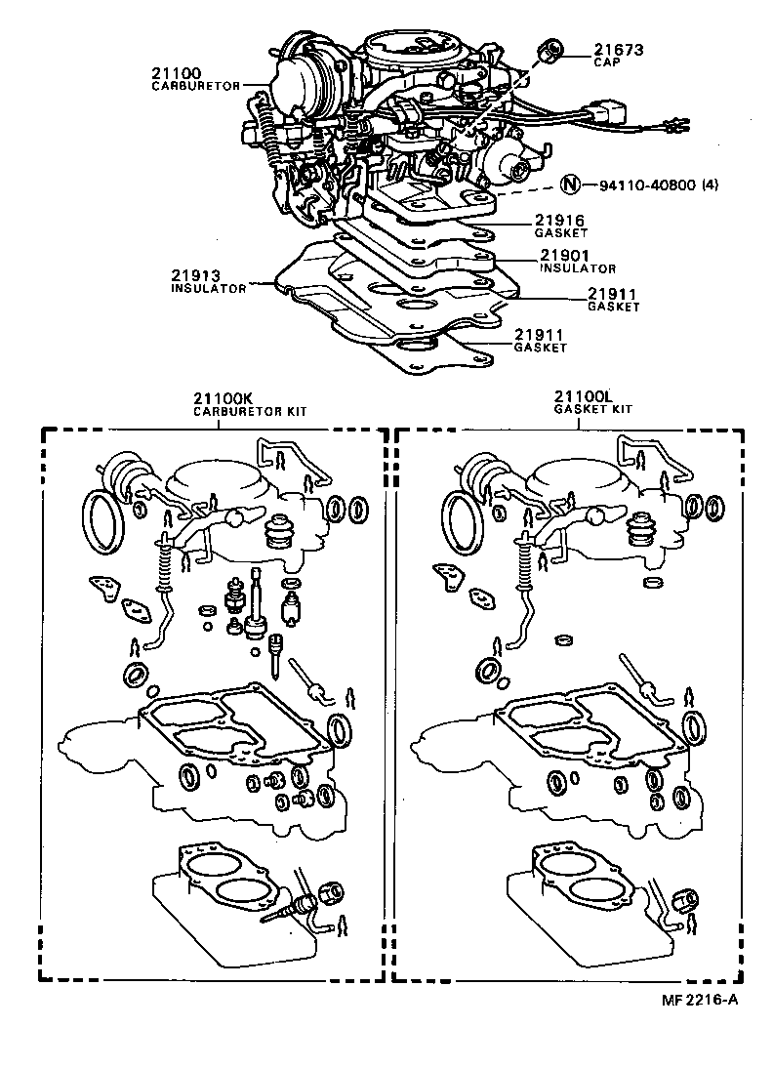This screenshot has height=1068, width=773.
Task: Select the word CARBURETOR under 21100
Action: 195,86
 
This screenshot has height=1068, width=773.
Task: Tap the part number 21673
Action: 617,49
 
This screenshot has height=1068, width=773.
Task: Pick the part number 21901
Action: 565,255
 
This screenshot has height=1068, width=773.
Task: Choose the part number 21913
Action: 194,276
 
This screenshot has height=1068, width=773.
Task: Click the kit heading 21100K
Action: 223,399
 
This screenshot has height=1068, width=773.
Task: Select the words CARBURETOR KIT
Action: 249,412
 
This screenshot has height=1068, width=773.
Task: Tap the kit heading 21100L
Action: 583,397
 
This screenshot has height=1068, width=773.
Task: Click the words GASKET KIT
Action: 592,410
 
